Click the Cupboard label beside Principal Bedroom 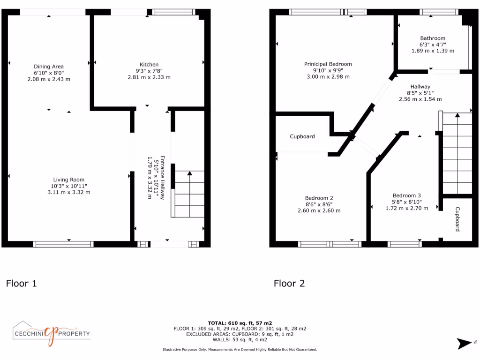pos(302,137)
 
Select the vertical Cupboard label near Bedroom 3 pos(457,219)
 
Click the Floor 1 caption pos(21,283)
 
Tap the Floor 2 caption pos(289,283)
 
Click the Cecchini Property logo pos(51,334)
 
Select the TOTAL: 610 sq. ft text pos(240,323)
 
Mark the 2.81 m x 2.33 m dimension pos(149,77)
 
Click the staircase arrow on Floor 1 pos(189,173)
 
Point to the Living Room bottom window pos(63,244)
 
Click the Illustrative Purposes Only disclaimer pos(240,349)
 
